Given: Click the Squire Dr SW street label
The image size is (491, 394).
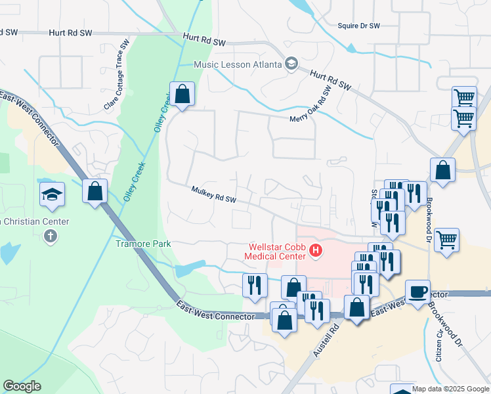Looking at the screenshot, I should (358, 26).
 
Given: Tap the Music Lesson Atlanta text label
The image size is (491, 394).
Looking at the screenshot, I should (237, 64).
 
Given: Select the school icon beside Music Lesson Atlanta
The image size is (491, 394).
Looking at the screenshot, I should (290, 64).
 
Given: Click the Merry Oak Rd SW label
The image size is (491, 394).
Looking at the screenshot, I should (316, 118).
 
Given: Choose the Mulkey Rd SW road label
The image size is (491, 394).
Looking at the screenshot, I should (213, 194).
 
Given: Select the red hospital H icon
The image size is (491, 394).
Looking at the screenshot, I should (316, 250).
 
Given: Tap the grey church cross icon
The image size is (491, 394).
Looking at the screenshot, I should (51, 236).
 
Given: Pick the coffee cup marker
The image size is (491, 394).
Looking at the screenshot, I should (417, 292).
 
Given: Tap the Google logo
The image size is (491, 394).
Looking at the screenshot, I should (22, 386).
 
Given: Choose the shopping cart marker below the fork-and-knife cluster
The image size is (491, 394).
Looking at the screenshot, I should (446, 240).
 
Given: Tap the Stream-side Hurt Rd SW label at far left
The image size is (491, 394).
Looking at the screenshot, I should (70, 32).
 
